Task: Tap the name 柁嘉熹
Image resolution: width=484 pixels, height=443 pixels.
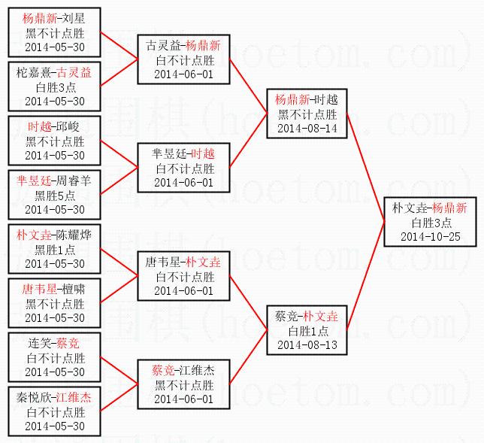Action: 31,74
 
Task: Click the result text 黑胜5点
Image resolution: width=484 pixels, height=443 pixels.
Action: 55,195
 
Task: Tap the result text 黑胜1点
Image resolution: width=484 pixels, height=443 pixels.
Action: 55,249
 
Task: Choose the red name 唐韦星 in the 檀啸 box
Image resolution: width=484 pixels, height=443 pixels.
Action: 38,289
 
